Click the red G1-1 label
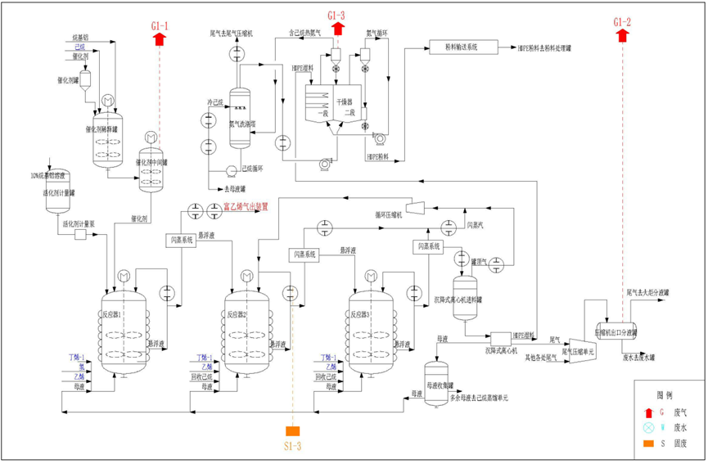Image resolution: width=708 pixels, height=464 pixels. pos(160,26)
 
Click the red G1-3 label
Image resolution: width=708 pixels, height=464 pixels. pos(336,16)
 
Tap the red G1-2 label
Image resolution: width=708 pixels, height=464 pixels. pos(622,21)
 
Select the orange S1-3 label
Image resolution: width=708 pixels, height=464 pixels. pos(293,446)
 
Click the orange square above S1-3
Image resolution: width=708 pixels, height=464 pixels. pos(293,431)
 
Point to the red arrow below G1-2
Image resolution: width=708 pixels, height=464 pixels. pos(622,35)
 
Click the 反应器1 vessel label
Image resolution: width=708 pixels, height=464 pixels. pos(112,313)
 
